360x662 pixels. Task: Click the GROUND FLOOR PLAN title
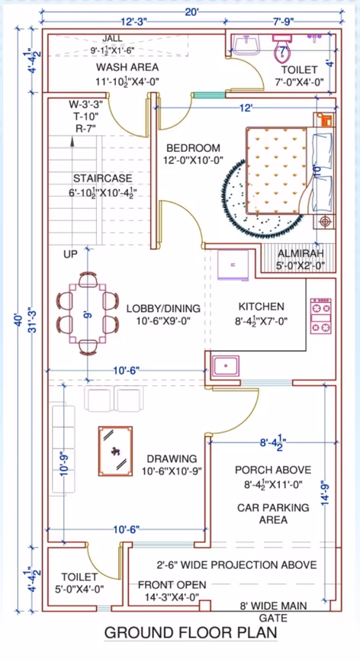coord(191,633)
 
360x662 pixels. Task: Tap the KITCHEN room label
coord(262,307)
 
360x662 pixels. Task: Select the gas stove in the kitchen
coord(321,317)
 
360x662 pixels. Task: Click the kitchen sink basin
coord(227,365)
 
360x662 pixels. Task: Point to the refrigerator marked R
coord(233,265)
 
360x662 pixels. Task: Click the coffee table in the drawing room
coord(116,452)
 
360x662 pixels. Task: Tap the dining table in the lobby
coord(88,313)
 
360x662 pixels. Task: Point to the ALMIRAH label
coord(301,253)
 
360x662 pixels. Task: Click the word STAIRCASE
coord(102,178)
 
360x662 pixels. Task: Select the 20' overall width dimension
coord(191,13)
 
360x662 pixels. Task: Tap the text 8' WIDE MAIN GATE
coord(274,612)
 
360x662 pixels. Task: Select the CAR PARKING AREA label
coord(273,513)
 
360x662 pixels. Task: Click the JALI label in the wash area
coord(112,38)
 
